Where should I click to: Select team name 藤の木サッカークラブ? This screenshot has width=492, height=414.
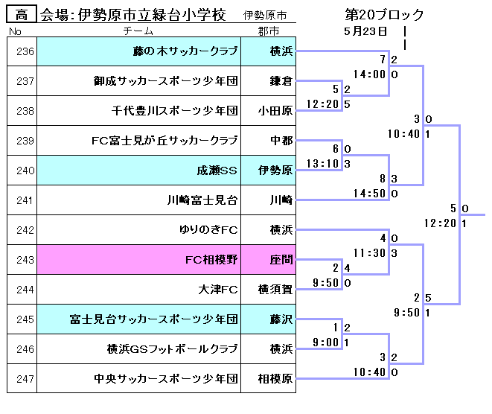coord(185,51)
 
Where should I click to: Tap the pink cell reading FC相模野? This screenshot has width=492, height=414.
coord(211,260)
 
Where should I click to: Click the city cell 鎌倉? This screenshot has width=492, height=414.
coord(280,81)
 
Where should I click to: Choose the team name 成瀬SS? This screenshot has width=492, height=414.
coord(217,171)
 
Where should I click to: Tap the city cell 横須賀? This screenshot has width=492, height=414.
coord(274,290)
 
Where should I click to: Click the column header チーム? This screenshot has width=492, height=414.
coord(138,31)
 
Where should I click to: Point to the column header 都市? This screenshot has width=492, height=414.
coord(269,31)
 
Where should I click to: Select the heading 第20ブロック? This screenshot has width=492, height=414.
coord(385,15)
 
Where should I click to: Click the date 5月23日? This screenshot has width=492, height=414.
coord(365,31)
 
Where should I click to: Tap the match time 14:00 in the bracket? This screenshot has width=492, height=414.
coord(369,74)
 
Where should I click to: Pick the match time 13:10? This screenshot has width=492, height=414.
coord(322,164)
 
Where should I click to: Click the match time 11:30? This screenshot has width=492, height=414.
coord(369,253)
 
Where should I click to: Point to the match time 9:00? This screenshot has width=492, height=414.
coord(326,343)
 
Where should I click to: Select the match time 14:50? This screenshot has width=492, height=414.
coord(369,194)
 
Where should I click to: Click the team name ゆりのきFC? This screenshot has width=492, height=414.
coord(208,230)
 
